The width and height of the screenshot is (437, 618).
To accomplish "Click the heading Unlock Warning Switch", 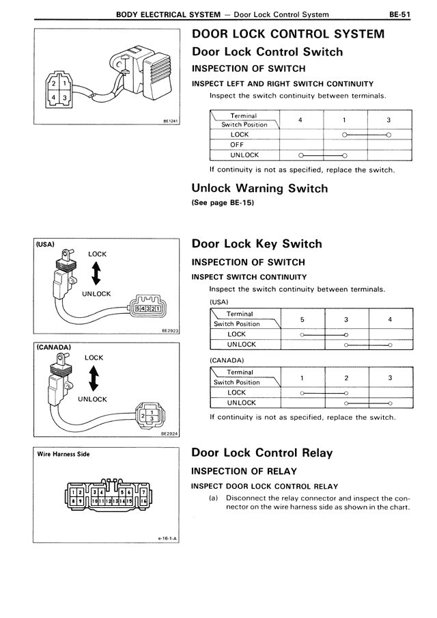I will coord(259,188).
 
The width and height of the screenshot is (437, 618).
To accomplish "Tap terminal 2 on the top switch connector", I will coord(53,83).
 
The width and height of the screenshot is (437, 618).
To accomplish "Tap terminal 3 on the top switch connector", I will coord(64,98).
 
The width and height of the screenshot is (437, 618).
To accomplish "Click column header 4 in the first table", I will coord(301,120).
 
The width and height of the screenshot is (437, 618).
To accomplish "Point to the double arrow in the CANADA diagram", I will coord(94,377).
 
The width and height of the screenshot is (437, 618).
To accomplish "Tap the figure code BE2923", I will coord(169,330).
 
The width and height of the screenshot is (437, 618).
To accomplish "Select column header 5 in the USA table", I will coord(302,319).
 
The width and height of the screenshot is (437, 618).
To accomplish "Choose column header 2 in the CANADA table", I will coord(346,377).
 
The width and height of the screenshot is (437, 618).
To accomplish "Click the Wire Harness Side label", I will coord(64,453).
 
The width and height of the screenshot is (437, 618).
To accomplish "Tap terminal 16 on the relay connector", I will coord(144,502).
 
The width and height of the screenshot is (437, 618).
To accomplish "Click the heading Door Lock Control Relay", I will coord(262,453).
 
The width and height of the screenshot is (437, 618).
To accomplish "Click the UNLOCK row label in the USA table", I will coord(242,345).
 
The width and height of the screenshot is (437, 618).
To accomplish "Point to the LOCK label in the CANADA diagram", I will coord(94,358).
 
